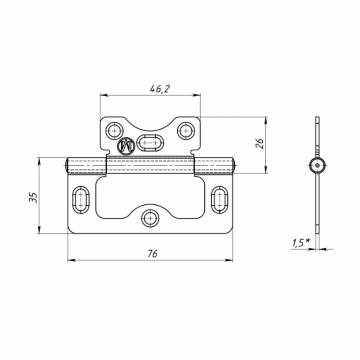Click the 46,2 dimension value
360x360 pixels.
160,89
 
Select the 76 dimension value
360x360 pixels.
153,254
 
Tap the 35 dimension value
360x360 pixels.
33,198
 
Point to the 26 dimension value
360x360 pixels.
260,144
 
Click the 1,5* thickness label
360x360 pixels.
301,243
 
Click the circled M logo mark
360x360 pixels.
126,146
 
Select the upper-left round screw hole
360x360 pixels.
114,131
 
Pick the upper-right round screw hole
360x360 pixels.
186,131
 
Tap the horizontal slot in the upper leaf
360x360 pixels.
150,143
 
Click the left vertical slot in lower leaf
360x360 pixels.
81,200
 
